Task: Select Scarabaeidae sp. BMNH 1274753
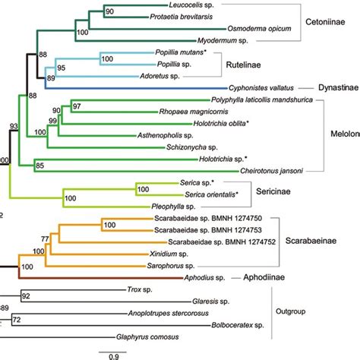coord(197,229)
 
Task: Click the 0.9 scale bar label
coord(111,355)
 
